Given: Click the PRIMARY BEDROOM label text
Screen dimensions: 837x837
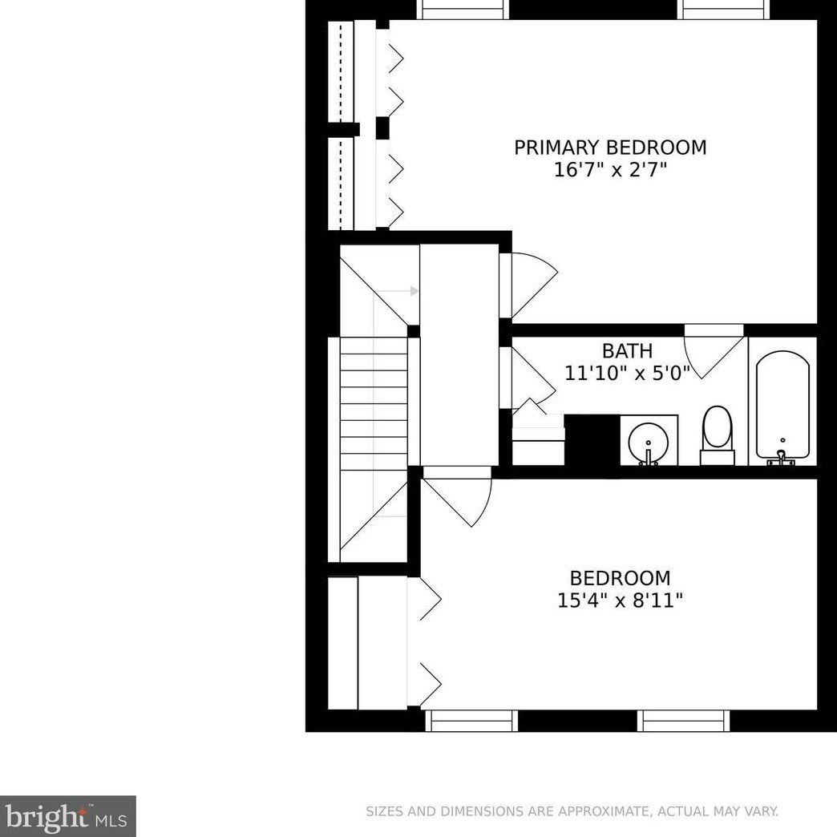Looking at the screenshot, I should (x=610, y=148).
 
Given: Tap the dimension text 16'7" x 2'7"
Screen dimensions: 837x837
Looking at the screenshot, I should (x=610, y=170).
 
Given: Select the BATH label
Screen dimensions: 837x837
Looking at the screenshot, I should (x=627, y=351).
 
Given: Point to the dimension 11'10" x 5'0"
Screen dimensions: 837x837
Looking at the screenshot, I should (x=627, y=373).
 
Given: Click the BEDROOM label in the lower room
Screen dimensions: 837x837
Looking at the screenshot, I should (x=620, y=578).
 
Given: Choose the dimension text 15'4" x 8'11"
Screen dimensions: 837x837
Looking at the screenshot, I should (x=620, y=600).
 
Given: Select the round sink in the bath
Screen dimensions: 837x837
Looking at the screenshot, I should (x=648, y=441).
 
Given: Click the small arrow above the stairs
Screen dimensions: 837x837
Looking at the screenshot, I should (x=413, y=291).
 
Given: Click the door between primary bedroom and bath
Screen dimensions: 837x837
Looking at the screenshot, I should (x=714, y=350).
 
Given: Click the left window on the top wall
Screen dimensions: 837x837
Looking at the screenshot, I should (x=463, y=9).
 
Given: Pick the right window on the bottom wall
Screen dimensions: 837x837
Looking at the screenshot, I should (x=684, y=721).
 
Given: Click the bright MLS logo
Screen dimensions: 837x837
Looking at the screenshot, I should (x=67, y=816).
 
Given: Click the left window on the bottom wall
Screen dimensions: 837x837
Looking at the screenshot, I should (x=471, y=721).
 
